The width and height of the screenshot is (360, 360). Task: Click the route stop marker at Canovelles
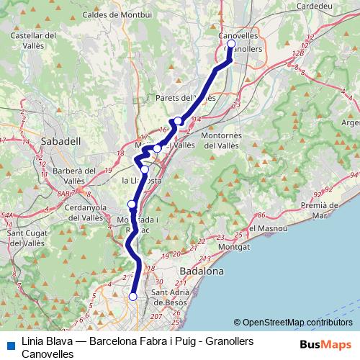click(x=231, y=44)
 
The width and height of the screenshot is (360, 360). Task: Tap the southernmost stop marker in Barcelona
click(x=132, y=296)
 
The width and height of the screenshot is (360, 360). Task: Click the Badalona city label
click(x=201, y=271)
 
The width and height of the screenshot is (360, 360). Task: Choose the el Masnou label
click(x=271, y=229)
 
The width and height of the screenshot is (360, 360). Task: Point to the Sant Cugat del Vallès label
click(x=27, y=238)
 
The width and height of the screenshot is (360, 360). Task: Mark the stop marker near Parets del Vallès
click(x=178, y=121)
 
